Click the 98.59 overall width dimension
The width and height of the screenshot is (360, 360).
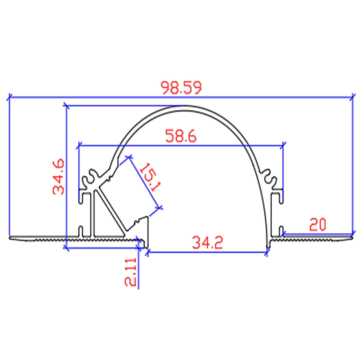click(x=180, y=87)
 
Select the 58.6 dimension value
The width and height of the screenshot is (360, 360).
click(x=180, y=135)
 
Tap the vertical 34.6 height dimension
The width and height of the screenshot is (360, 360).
click(x=58, y=176)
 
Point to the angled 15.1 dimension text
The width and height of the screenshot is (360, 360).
click(x=148, y=178)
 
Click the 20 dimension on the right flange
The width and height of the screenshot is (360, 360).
click(x=317, y=224)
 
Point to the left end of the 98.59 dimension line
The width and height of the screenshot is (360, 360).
click(x=9, y=97)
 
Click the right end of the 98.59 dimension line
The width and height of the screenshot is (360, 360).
click(x=352, y=97)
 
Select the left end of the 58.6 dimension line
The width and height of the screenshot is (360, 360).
click(x=78, y=145)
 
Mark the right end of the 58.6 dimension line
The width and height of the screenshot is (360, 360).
click(x=283, y=145)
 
